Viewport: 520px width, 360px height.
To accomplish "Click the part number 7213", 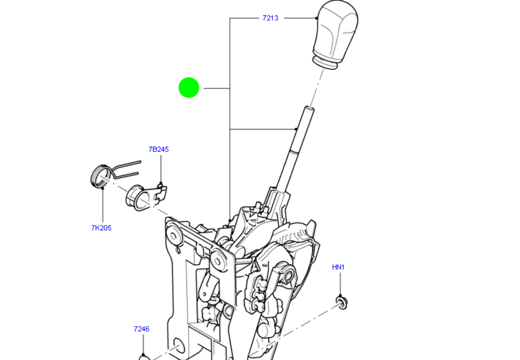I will [x=270, y=18].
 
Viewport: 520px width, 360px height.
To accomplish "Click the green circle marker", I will [x=189, y=88].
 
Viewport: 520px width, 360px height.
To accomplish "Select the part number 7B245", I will [x=158, y=149].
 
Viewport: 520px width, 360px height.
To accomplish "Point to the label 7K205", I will [x=101, y=228].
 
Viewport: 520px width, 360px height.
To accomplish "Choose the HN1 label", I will [x=338, y=267].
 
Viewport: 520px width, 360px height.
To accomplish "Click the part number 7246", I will [x=141, y=329].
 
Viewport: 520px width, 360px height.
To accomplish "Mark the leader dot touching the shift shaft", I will [x=297, y=129].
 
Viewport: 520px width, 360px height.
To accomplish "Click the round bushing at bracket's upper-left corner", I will [x=172, y=234].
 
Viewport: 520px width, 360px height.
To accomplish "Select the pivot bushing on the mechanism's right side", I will [x=285, y=273].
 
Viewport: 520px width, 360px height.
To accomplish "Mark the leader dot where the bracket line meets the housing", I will [x=230, y=221].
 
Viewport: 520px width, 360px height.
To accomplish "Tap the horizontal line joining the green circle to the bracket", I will [x=216, y=89].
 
